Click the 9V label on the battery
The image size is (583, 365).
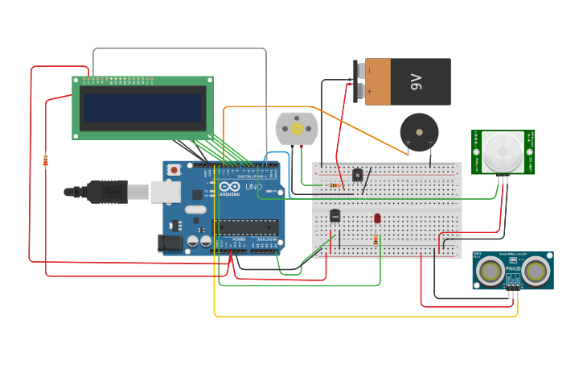point(416,81)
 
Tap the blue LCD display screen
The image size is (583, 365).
point(142,108)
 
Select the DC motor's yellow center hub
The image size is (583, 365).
point(297,128)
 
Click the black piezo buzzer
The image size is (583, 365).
point(419,132)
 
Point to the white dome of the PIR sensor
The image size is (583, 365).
point(502,151)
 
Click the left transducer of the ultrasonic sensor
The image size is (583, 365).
point(490,272)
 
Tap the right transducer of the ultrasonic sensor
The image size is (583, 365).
point(536,272)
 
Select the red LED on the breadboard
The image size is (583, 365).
point(377,218)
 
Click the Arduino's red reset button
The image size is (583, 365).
point(174,171)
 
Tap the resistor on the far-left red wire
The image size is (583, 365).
point(45,160)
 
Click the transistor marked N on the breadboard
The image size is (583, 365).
point(358,175)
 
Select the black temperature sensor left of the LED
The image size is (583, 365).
point(335,215)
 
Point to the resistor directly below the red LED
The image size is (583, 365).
point(376,238)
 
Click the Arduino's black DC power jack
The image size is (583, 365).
point(171,243)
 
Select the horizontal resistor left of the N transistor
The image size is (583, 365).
point(335,185)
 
